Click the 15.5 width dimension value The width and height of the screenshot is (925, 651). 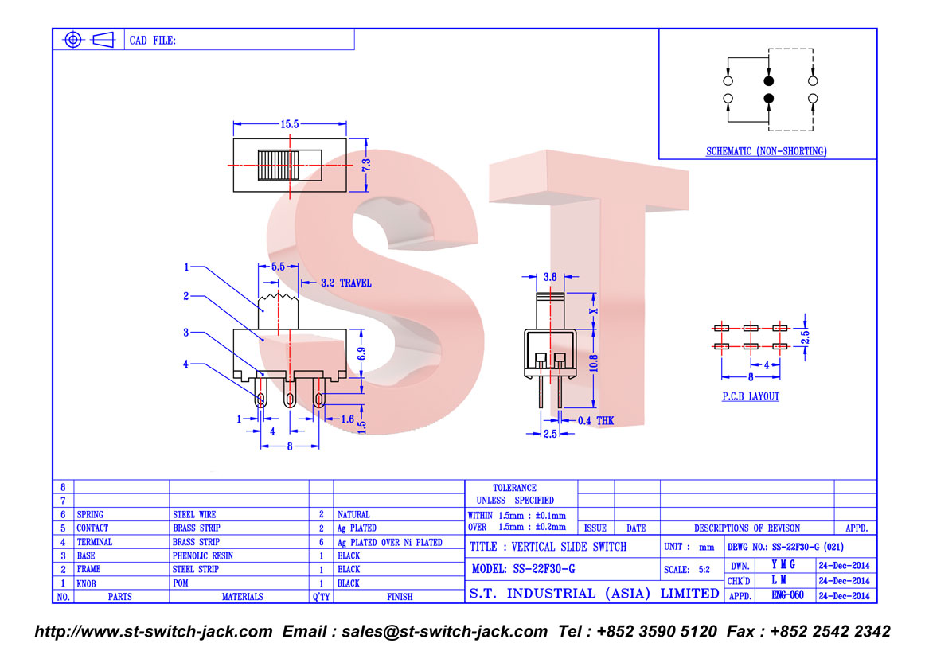click(290, 124)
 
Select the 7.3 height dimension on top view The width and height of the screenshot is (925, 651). click(366, 165)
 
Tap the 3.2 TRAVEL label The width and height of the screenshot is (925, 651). click(346, 283)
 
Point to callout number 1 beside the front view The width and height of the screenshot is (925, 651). click(186, 267)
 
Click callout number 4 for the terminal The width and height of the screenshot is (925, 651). click(185, 364)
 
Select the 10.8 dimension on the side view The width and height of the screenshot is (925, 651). click(594, 363)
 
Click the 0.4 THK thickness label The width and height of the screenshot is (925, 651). click(595, 420)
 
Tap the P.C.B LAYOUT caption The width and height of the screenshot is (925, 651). click(751, 396)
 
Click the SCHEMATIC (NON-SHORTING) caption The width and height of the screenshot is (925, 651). click(767, 151)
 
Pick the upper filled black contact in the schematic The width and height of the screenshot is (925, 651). click(768, 81)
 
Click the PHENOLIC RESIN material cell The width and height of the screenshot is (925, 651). click(203, 556)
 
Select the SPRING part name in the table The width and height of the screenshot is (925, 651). click(90, 515)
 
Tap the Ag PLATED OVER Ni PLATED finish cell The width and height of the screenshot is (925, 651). click(390, 543)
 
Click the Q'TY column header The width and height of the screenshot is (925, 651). click(321, 597)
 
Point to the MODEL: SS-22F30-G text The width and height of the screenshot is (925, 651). click(523, 569)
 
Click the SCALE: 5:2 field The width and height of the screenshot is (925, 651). click(687, 570)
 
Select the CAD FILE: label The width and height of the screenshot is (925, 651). click(153, 41)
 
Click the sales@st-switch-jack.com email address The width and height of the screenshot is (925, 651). click(444, 632)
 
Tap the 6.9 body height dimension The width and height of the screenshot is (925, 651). click(361, 354)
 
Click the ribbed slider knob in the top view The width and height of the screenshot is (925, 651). click(279, 165)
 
